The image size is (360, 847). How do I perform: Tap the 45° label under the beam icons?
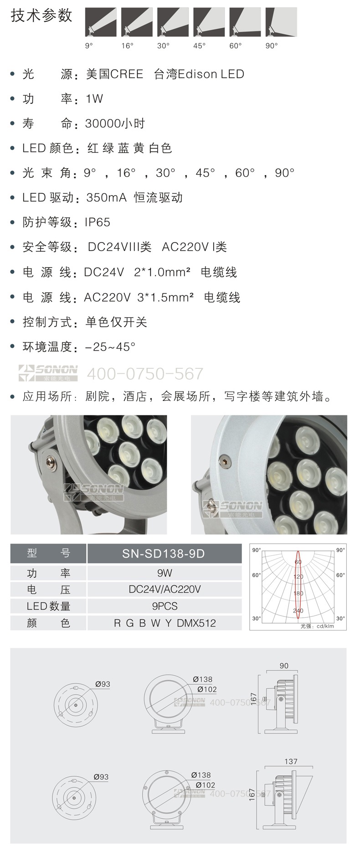[200, 46]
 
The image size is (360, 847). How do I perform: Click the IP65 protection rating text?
[98, 222]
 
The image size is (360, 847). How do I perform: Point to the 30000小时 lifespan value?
[115, 123]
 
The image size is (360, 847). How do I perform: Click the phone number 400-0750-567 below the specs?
[145, 373]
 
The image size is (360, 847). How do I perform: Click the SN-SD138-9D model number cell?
[164, 553]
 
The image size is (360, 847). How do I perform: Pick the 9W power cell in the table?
[164, 573]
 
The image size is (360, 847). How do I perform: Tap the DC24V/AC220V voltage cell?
[164, 589]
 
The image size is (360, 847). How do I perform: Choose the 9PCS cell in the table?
[164, 606]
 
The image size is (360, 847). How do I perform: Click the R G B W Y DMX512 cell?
[164, 623]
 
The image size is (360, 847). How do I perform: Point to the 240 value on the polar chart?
[298, 611]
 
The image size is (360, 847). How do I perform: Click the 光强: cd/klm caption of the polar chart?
[317, 626]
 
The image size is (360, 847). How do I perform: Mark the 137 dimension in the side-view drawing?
[291, 761]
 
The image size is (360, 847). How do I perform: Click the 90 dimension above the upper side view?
[284, 666]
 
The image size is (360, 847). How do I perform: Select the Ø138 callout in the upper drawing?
[203, 679]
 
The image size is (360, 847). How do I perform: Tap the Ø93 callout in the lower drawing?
[101, 777]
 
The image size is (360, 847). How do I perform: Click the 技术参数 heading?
[41, 16]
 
